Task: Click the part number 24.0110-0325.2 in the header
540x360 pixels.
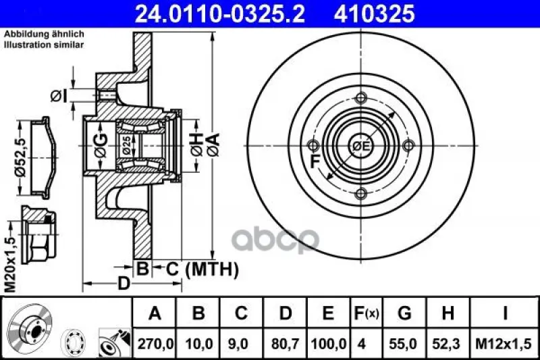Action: (x=220, y=14)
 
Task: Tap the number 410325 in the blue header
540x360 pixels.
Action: (x=374, y=14)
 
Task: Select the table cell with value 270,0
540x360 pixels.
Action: (x=155, y=344)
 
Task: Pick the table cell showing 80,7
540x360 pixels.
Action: (x=285, y=344)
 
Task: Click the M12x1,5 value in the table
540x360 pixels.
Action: (x=503, y=344)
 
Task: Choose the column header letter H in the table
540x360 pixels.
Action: (x=448, y=313)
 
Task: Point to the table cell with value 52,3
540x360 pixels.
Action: (x=448, y=344)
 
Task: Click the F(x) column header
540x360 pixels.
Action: (x=367, y=313)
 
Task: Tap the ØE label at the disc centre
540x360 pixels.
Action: (x=360, y=146)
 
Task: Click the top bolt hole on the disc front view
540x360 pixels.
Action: (x=360, y=98)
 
